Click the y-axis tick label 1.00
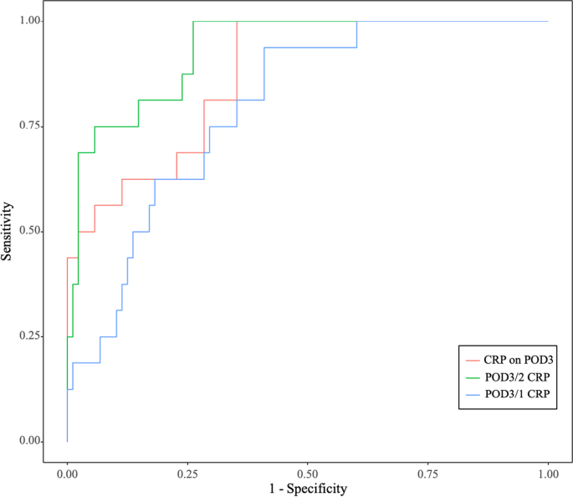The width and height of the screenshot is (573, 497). pos(30,21)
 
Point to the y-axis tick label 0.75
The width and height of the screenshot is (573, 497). pos(30,126)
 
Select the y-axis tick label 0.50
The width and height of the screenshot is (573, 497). pos(30,231)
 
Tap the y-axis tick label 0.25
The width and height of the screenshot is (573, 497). pos(30,336)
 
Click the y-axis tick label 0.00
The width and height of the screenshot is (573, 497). pos(30,441)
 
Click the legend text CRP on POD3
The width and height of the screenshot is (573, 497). pos(521,360)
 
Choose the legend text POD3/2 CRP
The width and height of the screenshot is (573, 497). pos(521,377)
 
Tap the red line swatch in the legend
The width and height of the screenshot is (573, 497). pos(475,360)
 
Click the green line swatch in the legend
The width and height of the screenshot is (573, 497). pos(475,377)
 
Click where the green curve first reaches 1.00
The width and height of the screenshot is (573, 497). pos(193,22)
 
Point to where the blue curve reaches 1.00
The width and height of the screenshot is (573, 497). pos(357,22)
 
